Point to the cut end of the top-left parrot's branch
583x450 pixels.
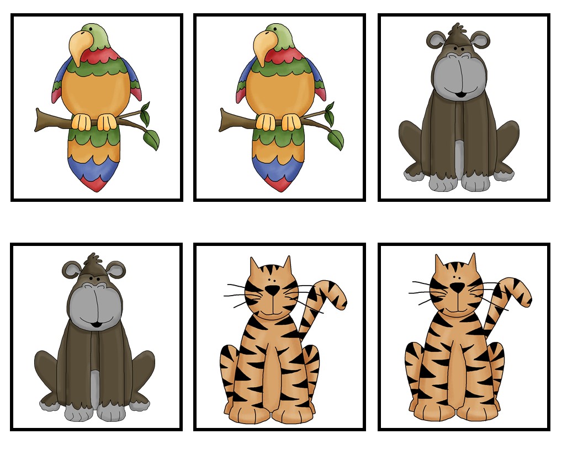coord(38,120)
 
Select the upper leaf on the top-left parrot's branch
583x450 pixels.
coord(145,115)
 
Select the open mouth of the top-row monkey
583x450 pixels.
coord(460,95)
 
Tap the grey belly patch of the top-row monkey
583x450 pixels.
coord(459,157)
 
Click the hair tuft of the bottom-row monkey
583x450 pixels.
coord(93,258)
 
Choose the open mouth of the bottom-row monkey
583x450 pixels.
coord(96,324)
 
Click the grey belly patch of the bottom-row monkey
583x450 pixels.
coord(95,386)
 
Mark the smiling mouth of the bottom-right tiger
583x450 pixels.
coord(456,310)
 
